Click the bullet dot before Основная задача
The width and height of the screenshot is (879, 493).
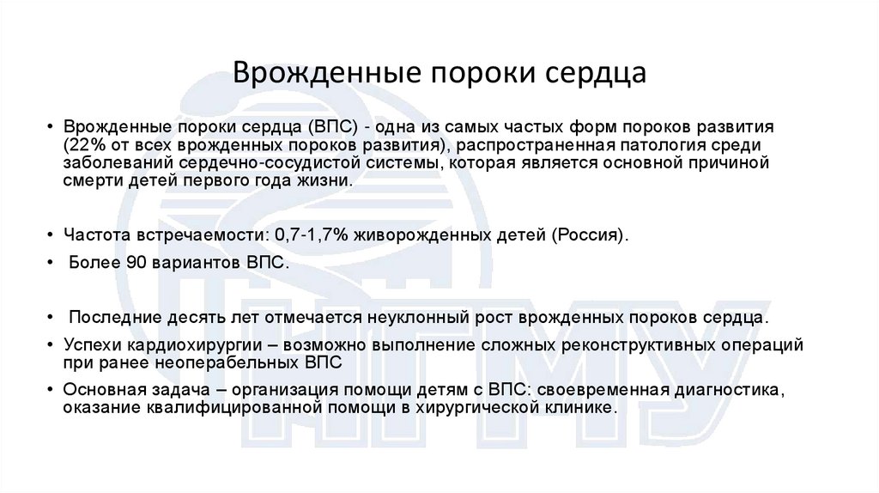tap(52, 391)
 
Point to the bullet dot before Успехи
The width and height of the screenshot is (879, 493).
tap(52, 346)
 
